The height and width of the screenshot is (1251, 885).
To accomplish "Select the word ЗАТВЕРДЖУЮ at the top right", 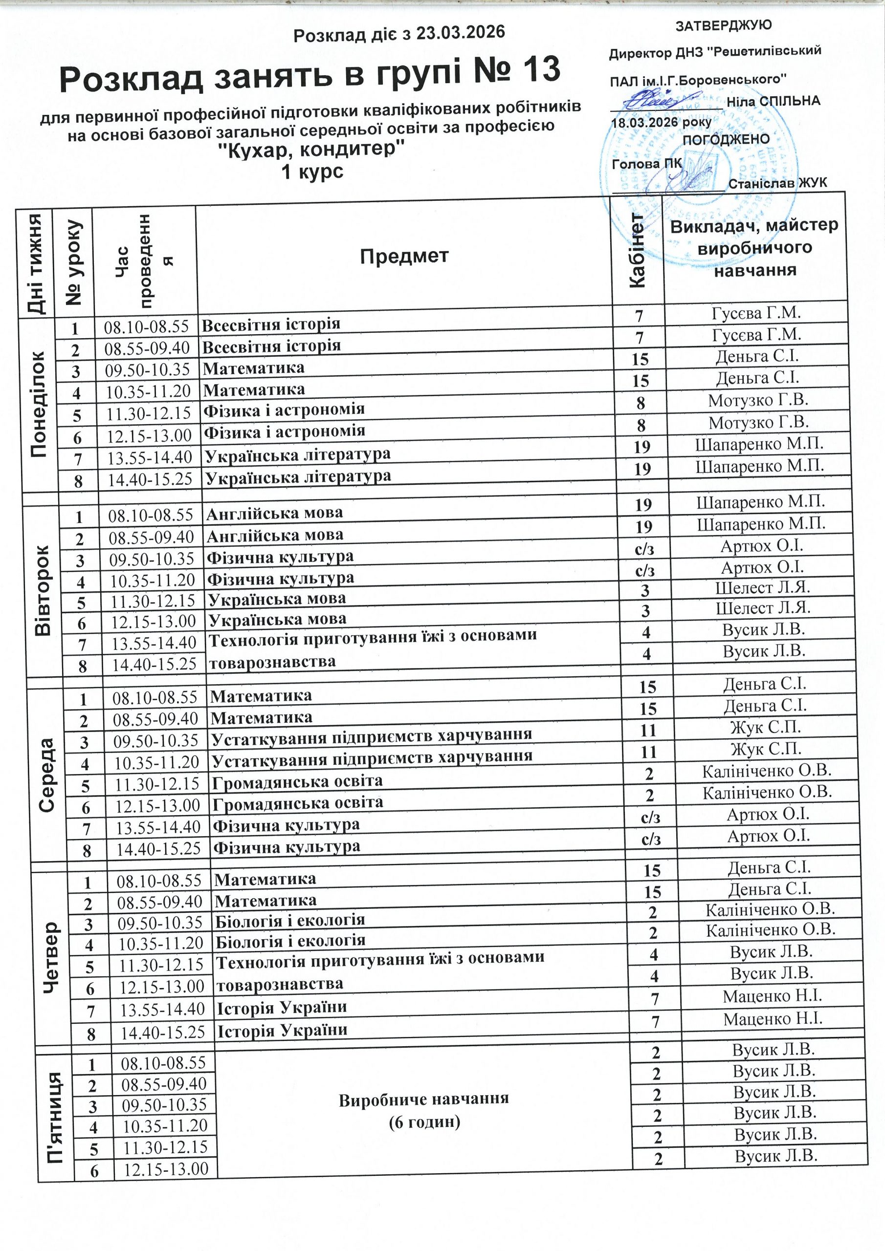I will pos(723,25).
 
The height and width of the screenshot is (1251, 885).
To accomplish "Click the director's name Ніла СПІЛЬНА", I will pos(773,101).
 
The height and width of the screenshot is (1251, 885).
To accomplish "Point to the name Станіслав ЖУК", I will pos(777,183).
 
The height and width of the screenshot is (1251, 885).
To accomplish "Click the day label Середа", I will pos(46,774).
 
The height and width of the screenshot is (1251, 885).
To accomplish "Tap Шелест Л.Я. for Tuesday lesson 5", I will pos(762,587).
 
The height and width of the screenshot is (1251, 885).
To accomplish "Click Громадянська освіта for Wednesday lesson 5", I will pos(297,781).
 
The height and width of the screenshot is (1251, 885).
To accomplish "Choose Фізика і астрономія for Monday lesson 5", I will pos(284,410).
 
